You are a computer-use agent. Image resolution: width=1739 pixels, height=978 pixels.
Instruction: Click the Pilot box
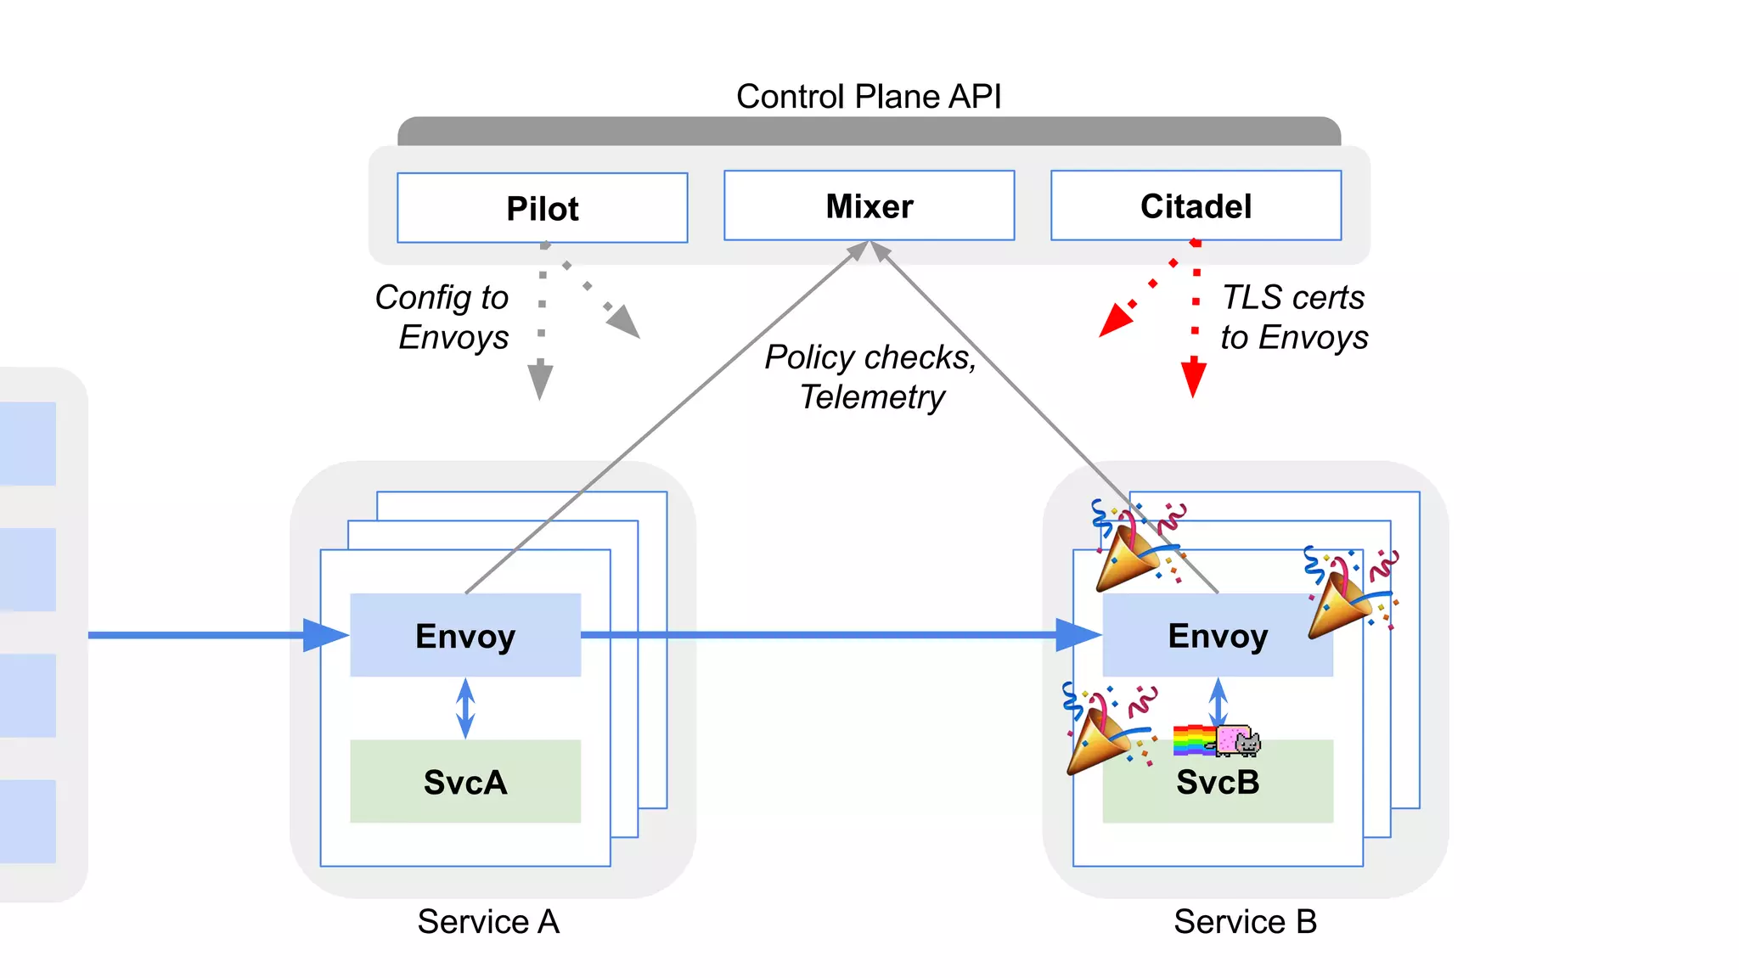542,208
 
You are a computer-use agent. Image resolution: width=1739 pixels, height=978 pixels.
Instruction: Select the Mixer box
869,206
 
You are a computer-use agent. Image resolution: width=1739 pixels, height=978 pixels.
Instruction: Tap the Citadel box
1196,206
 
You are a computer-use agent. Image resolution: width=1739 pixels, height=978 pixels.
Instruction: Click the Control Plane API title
868,96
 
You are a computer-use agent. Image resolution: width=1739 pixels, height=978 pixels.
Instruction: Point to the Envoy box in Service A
465,635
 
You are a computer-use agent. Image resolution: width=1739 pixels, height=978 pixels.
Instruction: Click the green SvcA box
465,781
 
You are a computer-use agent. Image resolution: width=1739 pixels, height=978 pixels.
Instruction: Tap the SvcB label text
1217,782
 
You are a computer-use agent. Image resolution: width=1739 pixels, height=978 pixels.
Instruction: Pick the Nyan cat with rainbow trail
1217,740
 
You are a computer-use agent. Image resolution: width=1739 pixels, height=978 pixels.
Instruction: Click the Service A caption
488,921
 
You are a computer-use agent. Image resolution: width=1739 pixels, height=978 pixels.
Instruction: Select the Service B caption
1245,921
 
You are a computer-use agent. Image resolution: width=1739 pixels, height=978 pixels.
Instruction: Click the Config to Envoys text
443,317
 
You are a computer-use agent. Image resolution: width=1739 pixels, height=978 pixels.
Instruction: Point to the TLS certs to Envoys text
1293,317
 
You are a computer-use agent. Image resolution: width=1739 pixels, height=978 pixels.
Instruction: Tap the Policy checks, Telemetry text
870,376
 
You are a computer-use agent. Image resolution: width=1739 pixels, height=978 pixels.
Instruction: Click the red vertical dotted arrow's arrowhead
1193,377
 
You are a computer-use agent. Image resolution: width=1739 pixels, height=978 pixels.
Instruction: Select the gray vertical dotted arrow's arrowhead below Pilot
540,380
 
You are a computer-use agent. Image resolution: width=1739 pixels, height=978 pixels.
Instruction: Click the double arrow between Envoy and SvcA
465,708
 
